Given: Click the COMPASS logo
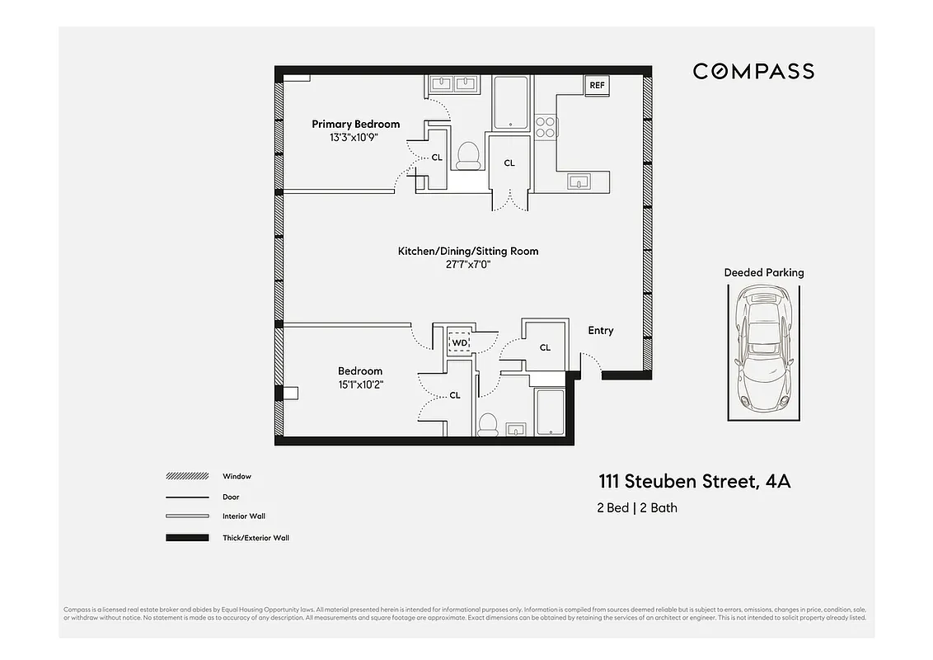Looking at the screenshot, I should pyautogui.click(x=752, y=71).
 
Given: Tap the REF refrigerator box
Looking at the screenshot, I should pyautogui.click(x=597, y=85).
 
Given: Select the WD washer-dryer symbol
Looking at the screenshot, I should pyautogui.click(x=458, y=342).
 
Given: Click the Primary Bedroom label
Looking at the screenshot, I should pyautogui.click(x=355, y=124).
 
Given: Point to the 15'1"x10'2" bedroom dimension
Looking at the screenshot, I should pyautogui.click(x=360, y=384).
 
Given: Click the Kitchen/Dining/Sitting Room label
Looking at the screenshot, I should pyautogui.click(x=467, y=251).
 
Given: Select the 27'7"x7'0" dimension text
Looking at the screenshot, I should pyautogui.click(x=467, y=265).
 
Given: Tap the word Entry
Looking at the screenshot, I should pyautogui.click(x=600, y=330).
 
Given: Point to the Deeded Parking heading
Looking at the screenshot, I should pyautogui.click(x=763, y=272).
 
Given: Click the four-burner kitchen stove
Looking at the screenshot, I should pyautogui.click(x=545, y=126).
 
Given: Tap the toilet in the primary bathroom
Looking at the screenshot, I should pyautogui.click(x=468, y=155).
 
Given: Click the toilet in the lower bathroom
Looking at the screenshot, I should pyautogui.click(x=487, y=424).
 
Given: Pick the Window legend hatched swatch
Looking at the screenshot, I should pyautogui.click(x=186, y=476).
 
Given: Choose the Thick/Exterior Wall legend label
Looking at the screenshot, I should pyautogui.click(x=256, y=538).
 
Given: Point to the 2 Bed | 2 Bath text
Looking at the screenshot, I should pyautogui.click(x=637, y=507).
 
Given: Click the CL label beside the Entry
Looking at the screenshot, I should pyautogui.click(x=545, y=347).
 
